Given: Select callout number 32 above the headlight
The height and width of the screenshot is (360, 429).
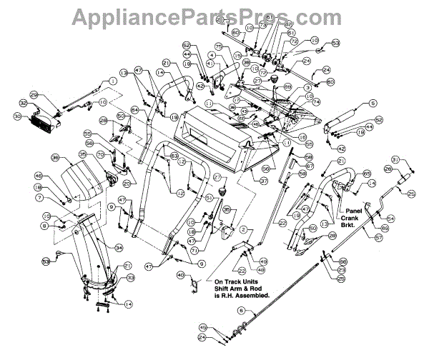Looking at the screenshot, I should click(23, 104).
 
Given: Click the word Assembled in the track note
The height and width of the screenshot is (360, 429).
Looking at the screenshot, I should click(260, 294).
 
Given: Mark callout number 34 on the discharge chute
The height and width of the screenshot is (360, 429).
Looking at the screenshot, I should click(119, 248).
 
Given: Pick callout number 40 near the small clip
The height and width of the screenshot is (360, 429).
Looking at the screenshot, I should click(180, 274).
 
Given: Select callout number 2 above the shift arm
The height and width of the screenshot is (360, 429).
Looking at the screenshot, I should click(242, 229).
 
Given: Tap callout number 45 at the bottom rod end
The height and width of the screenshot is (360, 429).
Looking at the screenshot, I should click(203, 327).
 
